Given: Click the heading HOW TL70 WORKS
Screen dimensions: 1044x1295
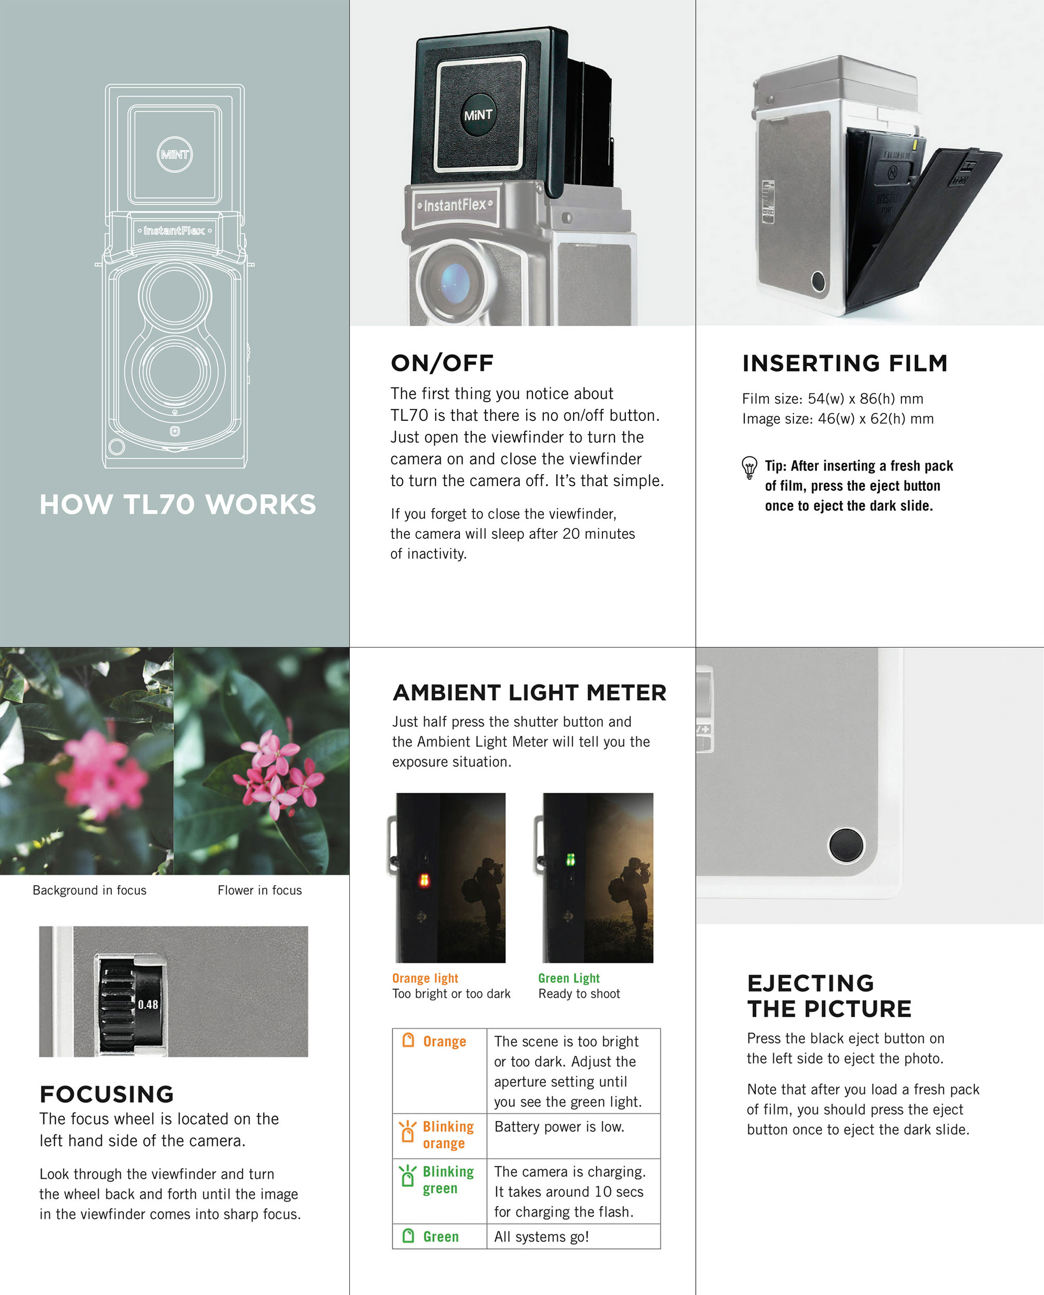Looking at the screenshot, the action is tap(177, 504).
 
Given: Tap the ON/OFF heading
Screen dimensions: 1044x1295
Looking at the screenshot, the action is tap(442, 363).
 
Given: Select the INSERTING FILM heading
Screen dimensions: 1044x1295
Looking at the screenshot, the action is tap(845, 363).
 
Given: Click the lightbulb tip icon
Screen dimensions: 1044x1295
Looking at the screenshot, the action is tap(749, 467).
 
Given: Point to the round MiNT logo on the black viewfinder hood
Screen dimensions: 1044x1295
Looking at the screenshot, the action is tap(478, 114).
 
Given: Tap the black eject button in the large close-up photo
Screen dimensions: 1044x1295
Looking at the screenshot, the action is tap(846, 844).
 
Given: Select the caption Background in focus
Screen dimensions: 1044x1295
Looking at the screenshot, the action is tap(90, 890).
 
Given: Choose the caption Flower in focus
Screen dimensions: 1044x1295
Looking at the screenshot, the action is tap(260, 890).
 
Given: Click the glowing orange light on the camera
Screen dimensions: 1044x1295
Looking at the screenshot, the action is tap(424, 880).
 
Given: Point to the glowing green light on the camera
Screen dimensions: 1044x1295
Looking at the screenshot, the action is tap(570, 860).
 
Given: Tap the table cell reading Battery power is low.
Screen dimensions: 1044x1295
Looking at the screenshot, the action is tap(559, 1126).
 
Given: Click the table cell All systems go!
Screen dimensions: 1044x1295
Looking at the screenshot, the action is tap(541, 1237).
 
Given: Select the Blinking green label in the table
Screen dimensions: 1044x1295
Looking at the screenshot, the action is tap(448, 1180).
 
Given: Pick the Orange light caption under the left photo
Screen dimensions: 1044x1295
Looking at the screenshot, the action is tap(425, 978).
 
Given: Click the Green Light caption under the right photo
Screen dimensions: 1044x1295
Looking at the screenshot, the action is tap(569, 978).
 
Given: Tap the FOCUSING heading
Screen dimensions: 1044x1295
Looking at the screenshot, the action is tap(107, 1094).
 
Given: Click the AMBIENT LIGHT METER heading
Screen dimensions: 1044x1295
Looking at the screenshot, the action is tap(530, 692).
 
